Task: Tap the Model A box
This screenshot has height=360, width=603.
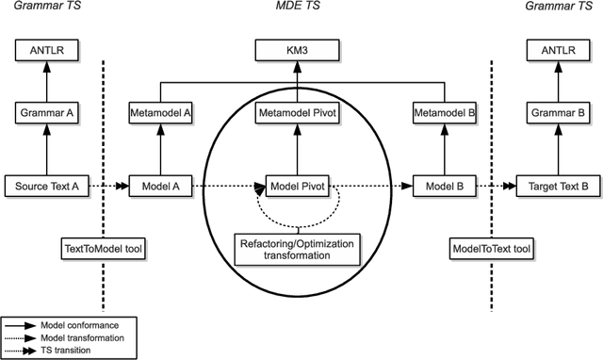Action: (161, 187)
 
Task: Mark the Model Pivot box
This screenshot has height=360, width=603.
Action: (299, 187)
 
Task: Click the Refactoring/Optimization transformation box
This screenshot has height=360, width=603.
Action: (299, 248)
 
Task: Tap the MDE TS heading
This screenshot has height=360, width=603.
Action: (300, 8)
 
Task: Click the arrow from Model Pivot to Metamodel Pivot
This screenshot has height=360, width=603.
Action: (299, 151)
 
